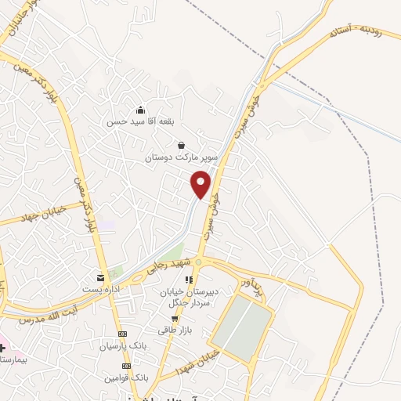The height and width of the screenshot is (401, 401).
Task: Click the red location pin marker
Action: pyautogui.click(x=201, y=184)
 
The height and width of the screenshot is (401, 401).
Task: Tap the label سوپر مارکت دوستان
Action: pyautogui.click(x=180, y=158)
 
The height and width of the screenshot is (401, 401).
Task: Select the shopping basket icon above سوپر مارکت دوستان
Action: pyautogui.click(x=182, y=145)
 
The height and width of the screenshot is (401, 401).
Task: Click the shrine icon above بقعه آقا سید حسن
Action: pyautogui.click(x=139, y=110)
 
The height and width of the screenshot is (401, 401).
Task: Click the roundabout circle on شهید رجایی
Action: pyautogui.click(x=198, y=262)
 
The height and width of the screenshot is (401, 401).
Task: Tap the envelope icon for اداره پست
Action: pyautogui.click(x=99, y=277)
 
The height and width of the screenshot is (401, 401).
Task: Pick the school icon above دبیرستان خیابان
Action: pyautogui.click(x=188, y=280)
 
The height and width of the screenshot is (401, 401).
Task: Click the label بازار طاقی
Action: pyautogui.click(x=175, y=331)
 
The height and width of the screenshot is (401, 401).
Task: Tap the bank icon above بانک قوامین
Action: pyautogui.click(x=121, y=365)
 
